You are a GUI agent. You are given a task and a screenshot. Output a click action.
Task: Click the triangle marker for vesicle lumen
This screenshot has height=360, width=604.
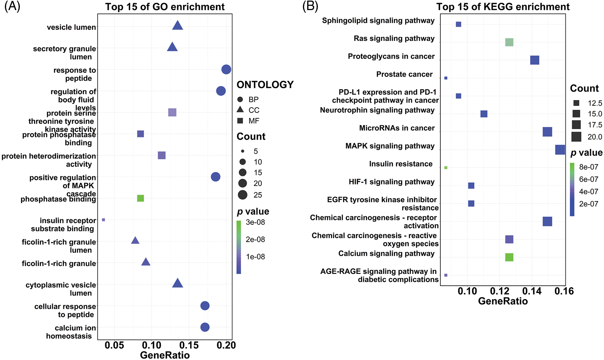178,26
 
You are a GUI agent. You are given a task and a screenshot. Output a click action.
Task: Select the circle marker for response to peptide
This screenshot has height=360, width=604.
226,70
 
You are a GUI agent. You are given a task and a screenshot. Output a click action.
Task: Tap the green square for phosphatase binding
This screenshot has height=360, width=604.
140,198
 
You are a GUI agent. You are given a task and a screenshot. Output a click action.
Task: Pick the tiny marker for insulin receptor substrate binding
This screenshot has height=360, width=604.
103,220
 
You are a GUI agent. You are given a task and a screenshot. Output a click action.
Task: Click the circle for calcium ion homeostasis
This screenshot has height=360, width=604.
205,327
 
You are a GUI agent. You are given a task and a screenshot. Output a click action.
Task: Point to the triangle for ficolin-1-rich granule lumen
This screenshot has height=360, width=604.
135,241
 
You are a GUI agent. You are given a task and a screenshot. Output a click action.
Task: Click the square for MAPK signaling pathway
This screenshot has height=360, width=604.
560,150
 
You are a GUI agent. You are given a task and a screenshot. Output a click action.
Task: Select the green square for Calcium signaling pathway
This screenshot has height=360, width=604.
509,257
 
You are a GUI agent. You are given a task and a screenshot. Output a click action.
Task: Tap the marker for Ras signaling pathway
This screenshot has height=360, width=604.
509,42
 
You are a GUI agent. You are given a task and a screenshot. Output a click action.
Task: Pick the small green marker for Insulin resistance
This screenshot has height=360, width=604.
446,167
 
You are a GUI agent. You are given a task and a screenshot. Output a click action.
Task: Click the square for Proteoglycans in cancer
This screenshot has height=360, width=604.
534,60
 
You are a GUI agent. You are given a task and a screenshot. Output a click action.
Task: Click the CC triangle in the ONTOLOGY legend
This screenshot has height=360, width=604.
240,110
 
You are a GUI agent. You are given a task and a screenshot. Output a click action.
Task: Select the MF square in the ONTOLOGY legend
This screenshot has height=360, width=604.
240,121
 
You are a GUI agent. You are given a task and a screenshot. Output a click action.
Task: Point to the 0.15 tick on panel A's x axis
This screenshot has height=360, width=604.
189,345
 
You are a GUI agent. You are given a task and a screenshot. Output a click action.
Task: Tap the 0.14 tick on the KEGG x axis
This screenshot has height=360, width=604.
532,291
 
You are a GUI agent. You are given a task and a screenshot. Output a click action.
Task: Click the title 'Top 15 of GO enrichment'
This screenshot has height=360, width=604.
165,7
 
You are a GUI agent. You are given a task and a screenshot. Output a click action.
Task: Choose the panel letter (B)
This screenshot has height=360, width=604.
310,6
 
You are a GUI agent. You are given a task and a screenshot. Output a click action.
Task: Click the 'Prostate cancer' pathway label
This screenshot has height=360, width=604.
404,74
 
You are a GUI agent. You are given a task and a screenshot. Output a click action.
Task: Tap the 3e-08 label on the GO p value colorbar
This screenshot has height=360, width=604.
255,222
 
